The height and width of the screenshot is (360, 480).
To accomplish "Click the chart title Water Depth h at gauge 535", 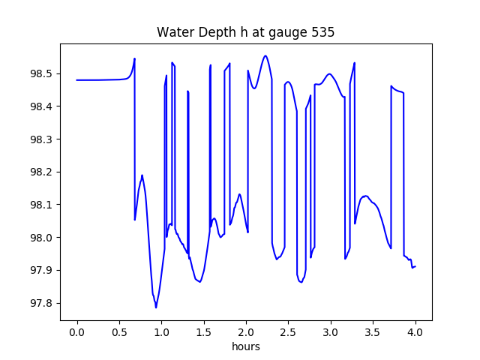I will [x=245, y=32].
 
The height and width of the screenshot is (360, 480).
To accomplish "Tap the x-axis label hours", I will [x=245, y=346].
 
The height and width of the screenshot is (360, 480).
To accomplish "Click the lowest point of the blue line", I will [x=156, y=307].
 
